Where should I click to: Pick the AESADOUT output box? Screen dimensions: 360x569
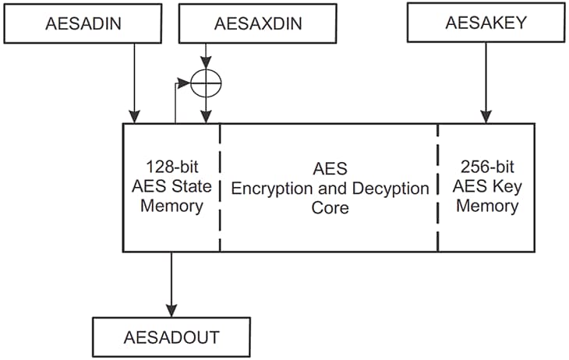[x=171, y=337]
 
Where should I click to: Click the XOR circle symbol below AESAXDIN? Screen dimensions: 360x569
[x=206, y=80]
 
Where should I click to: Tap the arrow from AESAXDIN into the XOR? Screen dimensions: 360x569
[x=206, y=56]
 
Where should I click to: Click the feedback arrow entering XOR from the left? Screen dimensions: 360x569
[x=184, y=80]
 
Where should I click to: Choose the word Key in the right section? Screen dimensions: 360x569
[x=504, y=187]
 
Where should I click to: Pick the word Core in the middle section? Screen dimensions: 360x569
[x=328, y=208]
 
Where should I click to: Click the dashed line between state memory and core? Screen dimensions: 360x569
[x=220, y=187]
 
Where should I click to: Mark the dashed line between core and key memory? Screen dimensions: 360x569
[x=438, y=187]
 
